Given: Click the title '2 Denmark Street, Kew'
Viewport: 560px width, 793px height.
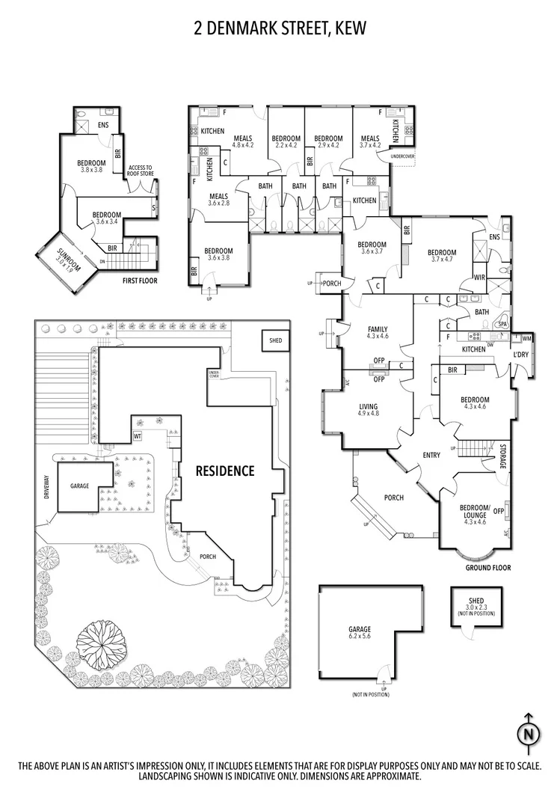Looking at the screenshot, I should pos(280,28).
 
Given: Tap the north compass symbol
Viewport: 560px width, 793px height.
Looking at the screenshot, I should pos(528,732).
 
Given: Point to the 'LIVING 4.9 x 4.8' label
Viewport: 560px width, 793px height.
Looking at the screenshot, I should pos(369,408).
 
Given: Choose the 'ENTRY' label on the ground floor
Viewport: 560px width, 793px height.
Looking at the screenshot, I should pos(431,455).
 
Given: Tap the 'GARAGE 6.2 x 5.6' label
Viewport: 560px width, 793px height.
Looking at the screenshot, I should pos(359,633).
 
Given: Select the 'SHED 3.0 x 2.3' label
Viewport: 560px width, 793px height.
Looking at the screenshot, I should pos(476,604).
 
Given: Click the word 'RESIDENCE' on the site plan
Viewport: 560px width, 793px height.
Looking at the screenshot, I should pos(225,471).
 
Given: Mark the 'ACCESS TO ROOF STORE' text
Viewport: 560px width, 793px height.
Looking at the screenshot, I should pos(141,171).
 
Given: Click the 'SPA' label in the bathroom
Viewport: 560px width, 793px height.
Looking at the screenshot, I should pos(502,324).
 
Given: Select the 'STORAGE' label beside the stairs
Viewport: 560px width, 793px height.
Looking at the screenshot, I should pos(503,457).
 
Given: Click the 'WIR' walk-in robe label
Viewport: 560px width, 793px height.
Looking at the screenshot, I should pos(480,278).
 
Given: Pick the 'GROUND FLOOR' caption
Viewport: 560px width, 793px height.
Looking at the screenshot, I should pos(489,568).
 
